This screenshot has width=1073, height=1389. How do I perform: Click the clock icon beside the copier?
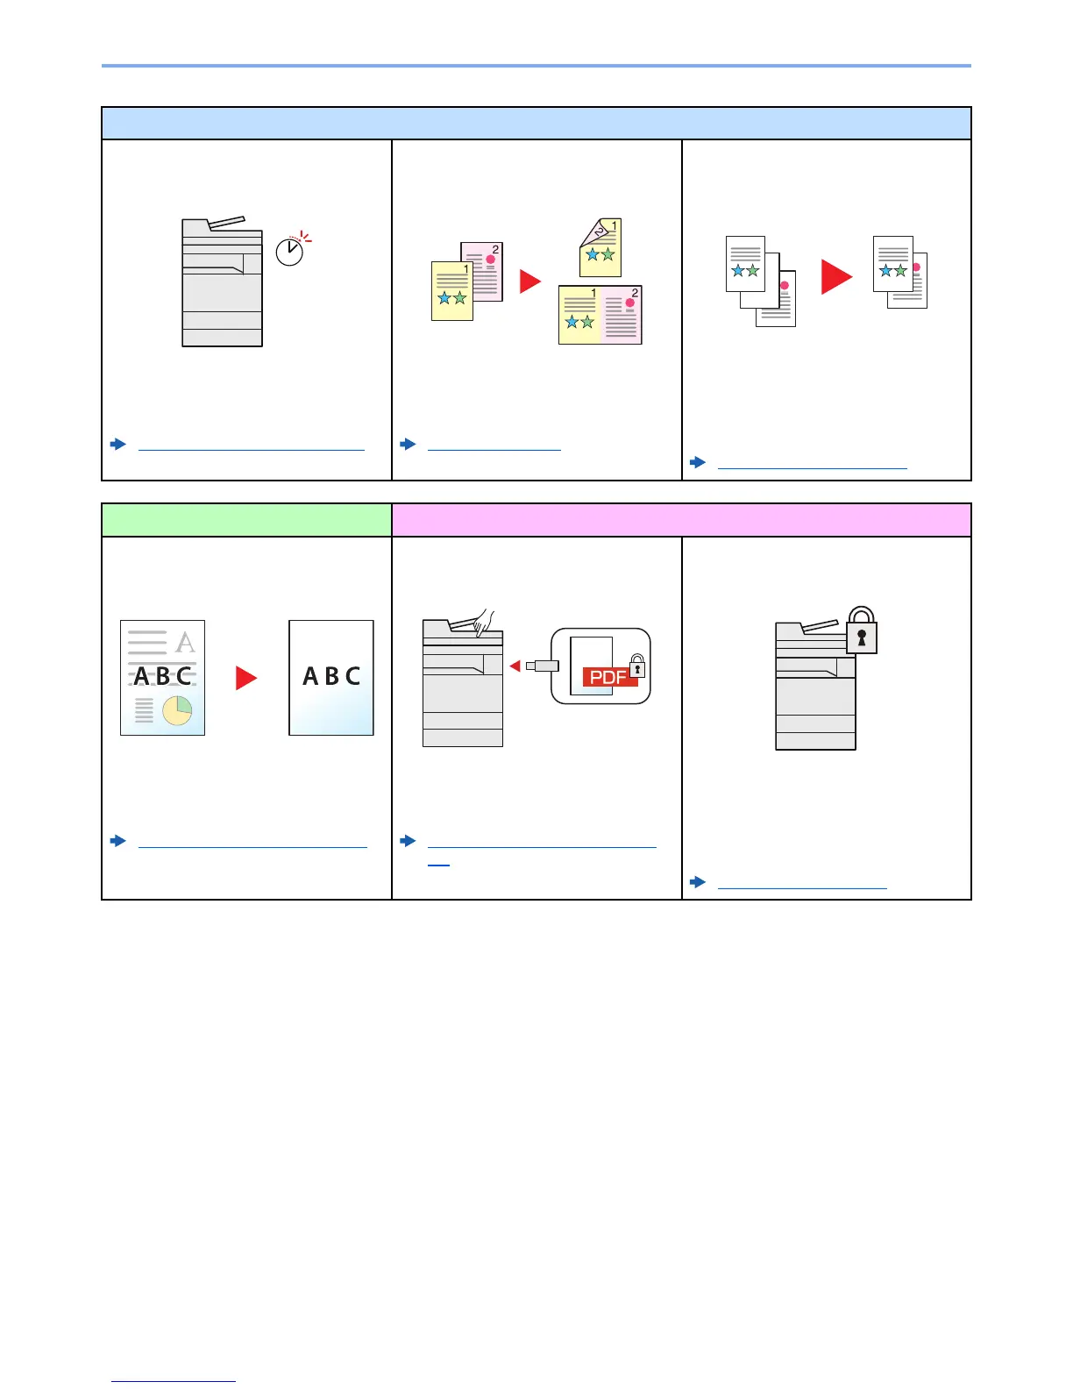pyautogui.click(x=290, y=252)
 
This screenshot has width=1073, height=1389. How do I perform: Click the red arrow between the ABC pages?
pyautogui.click(x=246, y=678)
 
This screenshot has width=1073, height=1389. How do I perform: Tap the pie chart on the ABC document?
pyautogui.click(x=177, y=710)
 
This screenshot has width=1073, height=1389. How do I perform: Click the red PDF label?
pyautogui.click(x=608, y=677)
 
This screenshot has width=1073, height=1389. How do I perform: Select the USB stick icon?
pyautogui.click(x=543, y=666)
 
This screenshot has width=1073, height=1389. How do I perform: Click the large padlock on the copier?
pyautogui.click(x=862, y=631)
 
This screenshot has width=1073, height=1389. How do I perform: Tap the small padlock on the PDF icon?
pyautogui.click(x=637, y=666)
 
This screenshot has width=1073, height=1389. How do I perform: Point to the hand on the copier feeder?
pyautogui.click(x=482, y=621)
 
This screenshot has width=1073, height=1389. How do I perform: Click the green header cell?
pyautogui.click(x=246, y=520)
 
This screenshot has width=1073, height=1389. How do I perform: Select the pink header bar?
pyautogui.click(x=681, y=520)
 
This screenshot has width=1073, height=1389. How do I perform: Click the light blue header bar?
pyautogui.click(x=536, y=124)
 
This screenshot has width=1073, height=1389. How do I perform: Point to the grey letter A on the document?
pyautogui.click(x=185, y=643)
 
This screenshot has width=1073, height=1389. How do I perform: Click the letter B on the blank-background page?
pyautogui.click(x=331, y=676)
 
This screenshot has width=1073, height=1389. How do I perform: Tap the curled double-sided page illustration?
pyautogui.click(x=600, y=247)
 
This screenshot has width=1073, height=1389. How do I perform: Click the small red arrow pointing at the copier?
pyautogui.click(x=515, y=666)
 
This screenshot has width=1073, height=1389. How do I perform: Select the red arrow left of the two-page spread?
pyautogui.click(x=530, y=281)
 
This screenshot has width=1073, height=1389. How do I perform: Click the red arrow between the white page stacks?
pyautogui.click(x=836, y=277)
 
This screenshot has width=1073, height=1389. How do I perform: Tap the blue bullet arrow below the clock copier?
pyautogui.click(x=118, y=445)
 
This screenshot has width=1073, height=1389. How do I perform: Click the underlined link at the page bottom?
pyautogui.click(x=174, y=1382)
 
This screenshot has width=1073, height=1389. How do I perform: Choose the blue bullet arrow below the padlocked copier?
pyautogui.click(x=698, y=882)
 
